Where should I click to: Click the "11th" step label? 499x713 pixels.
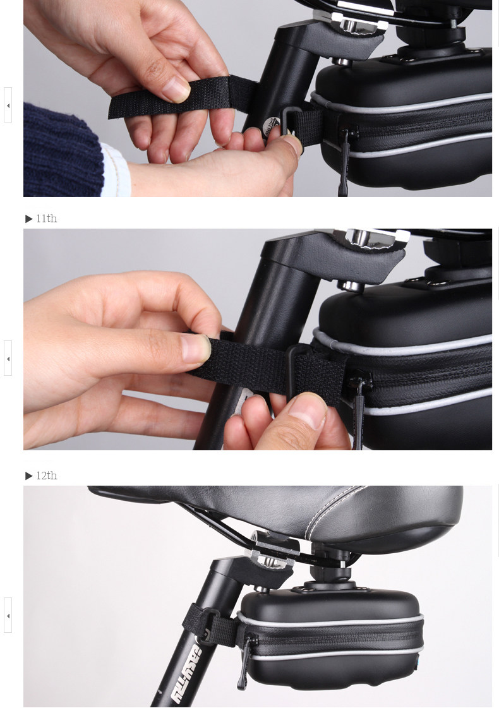coord(46,219)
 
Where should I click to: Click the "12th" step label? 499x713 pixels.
coord(46,476)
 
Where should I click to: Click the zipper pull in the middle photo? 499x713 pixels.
coord(358,410)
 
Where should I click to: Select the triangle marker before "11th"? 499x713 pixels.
coord(29,219)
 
